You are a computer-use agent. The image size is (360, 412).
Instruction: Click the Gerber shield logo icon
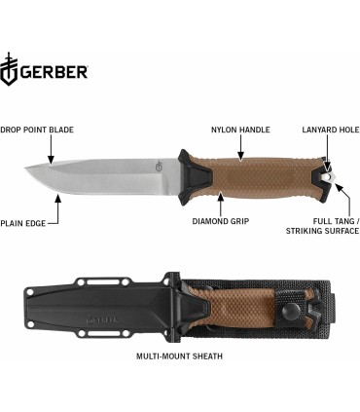[11, 70]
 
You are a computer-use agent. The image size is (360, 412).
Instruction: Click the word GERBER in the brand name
[54, 71]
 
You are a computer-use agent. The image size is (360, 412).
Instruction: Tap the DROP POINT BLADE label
[37, 130]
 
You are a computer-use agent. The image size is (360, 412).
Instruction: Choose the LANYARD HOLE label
[330, 130]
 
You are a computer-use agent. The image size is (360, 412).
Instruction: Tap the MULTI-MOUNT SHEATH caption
[180, 356]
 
